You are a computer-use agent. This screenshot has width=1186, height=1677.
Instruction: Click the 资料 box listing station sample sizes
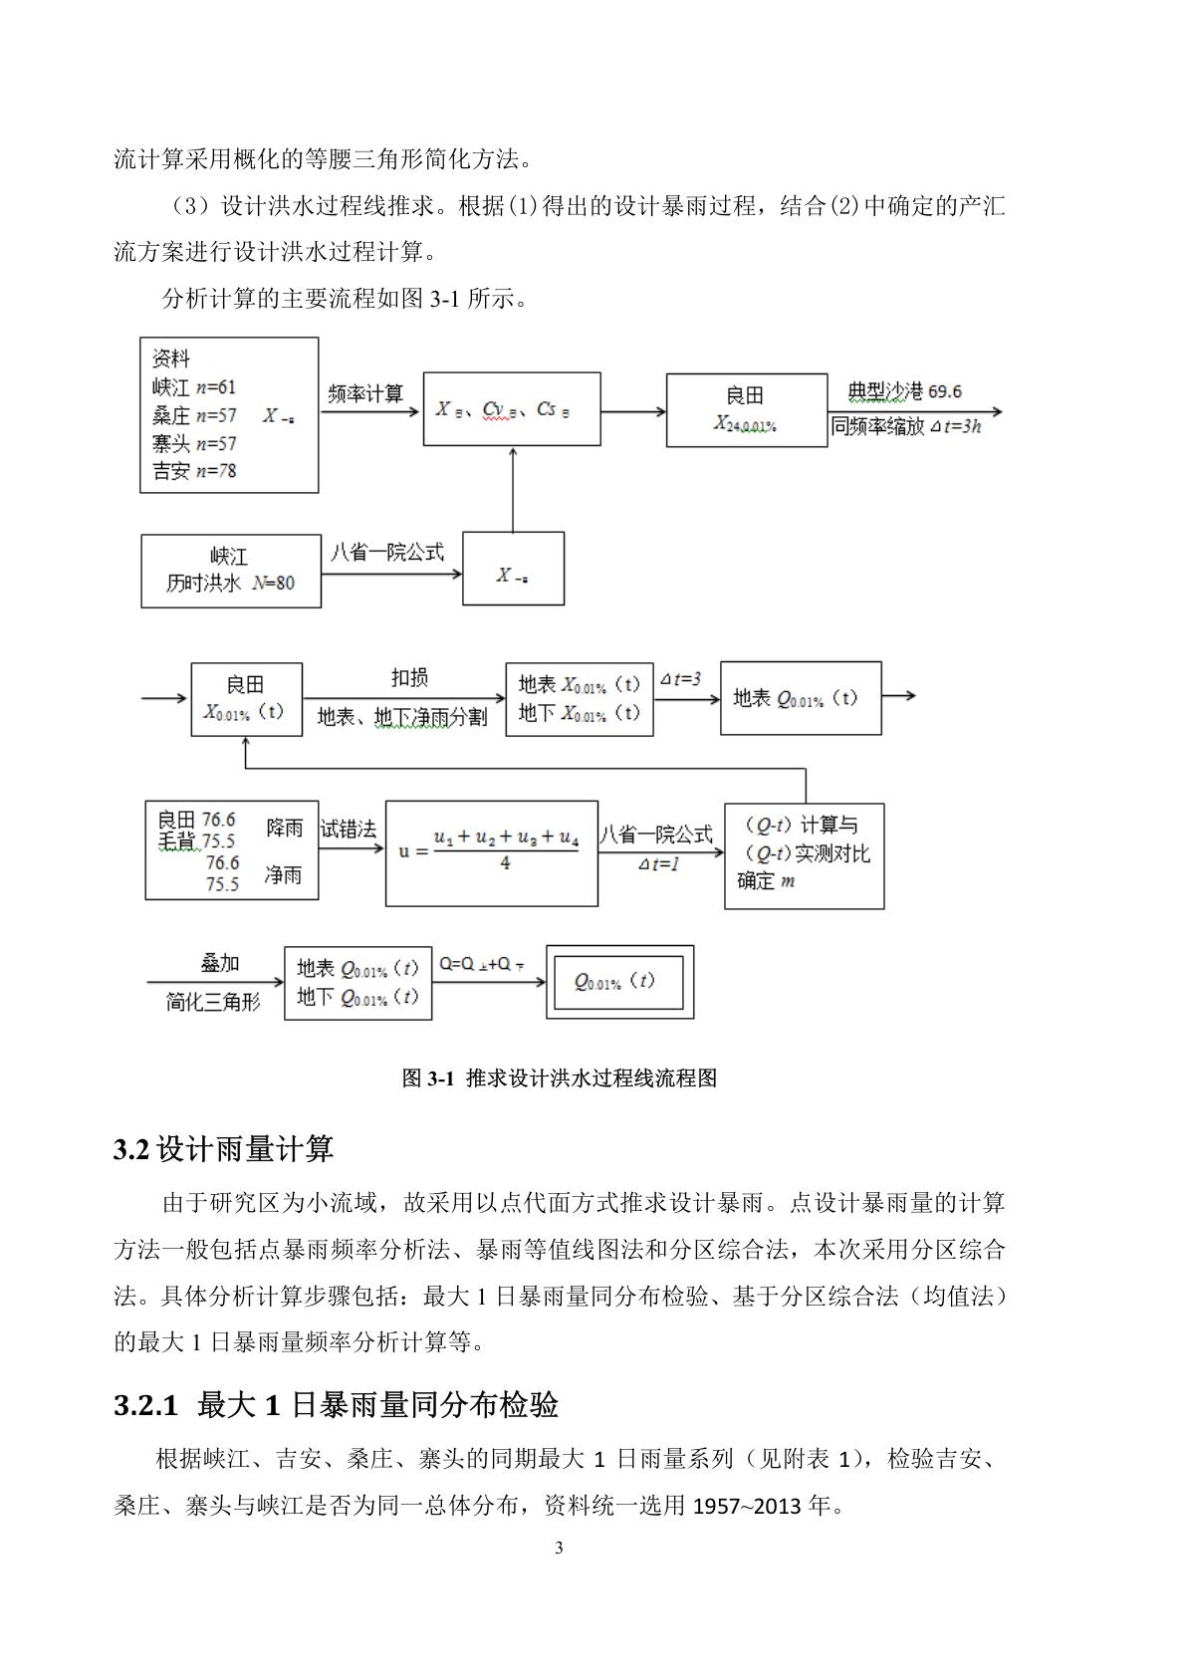pyautogui.click(x=229, y=414)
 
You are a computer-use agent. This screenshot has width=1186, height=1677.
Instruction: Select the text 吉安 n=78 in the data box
pyautogui.click(x=194, y=471)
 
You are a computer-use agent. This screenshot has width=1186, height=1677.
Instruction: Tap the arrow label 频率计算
pyautogui.click(x=365, y=393)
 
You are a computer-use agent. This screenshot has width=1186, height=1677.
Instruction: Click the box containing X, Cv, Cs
pyautogui.click(x=512, y=409)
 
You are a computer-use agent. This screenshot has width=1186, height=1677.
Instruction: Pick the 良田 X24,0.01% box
pyautogui.click(x=746, y=410)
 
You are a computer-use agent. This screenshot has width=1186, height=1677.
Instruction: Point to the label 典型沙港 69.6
pyautogui.click(x=904, y=391)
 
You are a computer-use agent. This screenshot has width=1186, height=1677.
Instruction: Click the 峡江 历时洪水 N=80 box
pyautogui.click(x=231, y=571)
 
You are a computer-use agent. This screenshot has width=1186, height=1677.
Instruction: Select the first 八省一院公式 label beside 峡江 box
pyautogui.click(x=386, y=552)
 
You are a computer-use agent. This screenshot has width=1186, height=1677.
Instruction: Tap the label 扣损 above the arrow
pyautogui.click(x=408, y=678)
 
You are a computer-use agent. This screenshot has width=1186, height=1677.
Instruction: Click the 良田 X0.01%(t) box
pyautogui.click(x=246, y=699)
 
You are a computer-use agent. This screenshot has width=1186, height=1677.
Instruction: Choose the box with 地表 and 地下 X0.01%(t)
pyautogui.click(x=579, y=699)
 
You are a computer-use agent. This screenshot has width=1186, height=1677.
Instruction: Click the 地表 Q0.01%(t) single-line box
pyautogui.click(x=801, y=698)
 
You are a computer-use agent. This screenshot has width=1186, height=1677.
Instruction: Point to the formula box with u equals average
pyautogui.click(x=492, y=852)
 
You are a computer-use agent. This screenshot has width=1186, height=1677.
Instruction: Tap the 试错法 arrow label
pyautogui.click(x=348, y=829)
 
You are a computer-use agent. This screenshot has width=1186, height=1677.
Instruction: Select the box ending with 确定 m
pyautogui.click(x=804, y=855)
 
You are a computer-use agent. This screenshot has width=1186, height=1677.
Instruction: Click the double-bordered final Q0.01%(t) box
pyautogui.click(x=619, y=982)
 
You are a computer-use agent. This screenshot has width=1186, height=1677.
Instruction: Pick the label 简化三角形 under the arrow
pyautogui.click(x=213, y=1002)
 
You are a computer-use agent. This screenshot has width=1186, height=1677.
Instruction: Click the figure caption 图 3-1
pyautogui.click(x=559, y=1078)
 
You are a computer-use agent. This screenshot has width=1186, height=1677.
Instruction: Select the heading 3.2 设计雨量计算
pyautogui.click(x=224, y=1149)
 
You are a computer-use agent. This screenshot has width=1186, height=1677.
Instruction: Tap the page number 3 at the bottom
pyautogui.click(x=559, y=1548)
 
